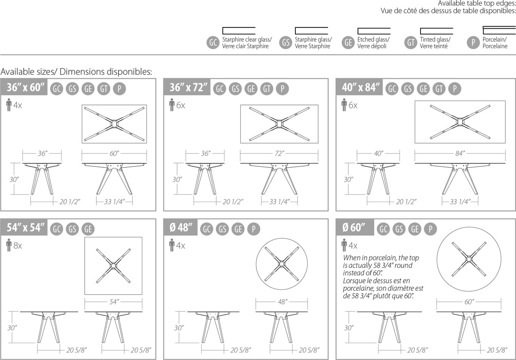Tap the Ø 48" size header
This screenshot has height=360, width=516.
[x=181, y=228]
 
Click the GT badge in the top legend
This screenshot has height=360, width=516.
[x=411, y=43]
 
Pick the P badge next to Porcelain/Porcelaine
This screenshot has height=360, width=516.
[x=473, y=43]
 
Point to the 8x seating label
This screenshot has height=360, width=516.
[x=18, y=246]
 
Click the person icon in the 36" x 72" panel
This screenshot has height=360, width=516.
[x=172, y=105]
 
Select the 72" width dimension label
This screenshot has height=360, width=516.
[x=279, y=153]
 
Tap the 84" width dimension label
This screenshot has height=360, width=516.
[x=460, y=153]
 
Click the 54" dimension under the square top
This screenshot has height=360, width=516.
[x=114, y=302]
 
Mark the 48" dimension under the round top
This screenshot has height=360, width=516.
[x=283, y=302]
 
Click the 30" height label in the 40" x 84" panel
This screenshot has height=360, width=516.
[x=348, y=179]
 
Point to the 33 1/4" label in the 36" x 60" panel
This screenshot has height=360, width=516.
[x=114, y=202]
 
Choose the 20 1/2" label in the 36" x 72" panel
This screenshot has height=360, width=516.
[x=233, y=202]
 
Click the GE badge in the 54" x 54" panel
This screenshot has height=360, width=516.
[x=88, y=229]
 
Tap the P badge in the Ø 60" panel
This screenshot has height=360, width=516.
[x=430, y=229]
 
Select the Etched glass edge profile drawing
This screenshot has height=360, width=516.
[x=374, y=31]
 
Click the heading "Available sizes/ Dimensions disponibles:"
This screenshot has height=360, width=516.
[x=76, y=72]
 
